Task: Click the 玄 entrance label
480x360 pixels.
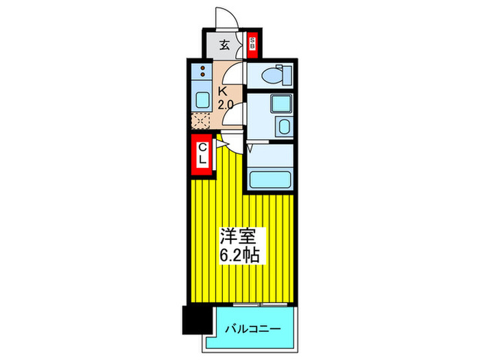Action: click(x=224, y=46)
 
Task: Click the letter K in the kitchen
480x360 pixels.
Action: click(x=223, y=91)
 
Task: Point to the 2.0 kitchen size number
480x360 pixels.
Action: click(x=225, y=104)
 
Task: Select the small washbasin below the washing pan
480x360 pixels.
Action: click(x=283, y=126)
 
